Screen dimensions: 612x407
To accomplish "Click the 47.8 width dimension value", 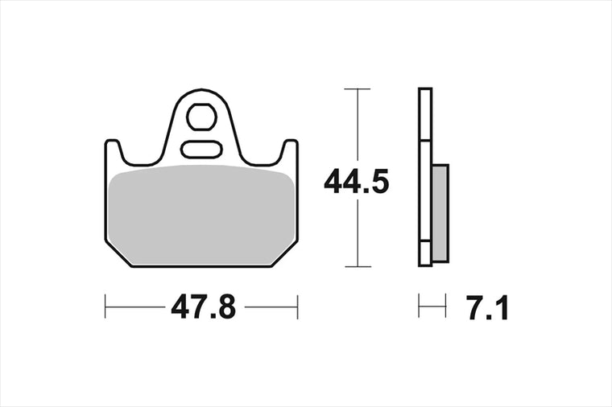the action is click(204, 306).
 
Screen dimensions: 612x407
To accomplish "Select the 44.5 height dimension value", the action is click(357, 182).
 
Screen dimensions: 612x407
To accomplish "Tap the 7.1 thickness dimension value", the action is click(487, 308).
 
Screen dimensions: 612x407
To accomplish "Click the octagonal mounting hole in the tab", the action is click(201, 117).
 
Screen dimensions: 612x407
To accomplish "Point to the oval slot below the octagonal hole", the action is click(202, 150).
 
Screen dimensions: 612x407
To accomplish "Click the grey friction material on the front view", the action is click(202, 215).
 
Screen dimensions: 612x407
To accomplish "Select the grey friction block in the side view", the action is click(440, 213).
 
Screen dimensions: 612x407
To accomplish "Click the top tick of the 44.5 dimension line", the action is click(357, 89).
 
